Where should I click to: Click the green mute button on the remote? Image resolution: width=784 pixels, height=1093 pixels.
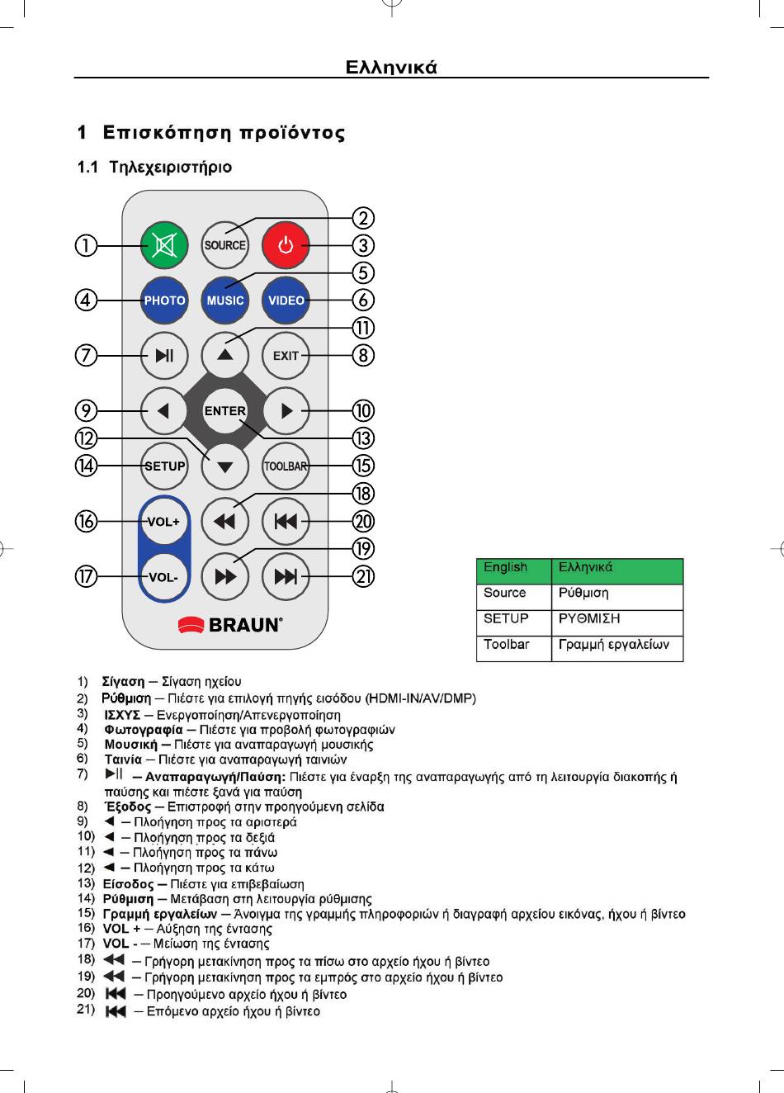[164, 245]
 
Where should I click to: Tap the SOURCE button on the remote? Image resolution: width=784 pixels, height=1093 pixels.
[225, 245]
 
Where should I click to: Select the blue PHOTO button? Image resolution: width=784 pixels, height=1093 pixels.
[164, 300]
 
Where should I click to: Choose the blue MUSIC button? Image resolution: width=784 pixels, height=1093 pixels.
[225, 300]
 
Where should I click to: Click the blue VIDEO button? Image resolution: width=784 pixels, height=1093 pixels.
[286, 300]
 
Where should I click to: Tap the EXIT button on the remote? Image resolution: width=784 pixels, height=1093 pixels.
[286, 356]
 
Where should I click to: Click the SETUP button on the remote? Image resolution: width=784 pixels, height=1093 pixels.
[164, 466]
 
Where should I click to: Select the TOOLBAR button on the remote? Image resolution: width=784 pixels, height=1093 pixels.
[286, 466]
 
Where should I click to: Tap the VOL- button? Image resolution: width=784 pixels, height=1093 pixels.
[163, 577]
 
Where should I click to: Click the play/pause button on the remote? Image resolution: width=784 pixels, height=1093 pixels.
[164, 356]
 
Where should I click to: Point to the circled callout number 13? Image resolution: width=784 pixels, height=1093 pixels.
[363, 438]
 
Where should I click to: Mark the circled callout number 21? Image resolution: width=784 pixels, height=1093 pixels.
[363, 576]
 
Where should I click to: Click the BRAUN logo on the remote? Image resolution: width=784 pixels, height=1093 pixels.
[230, 625]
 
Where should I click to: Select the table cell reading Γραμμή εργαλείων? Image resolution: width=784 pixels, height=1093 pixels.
[616, 646]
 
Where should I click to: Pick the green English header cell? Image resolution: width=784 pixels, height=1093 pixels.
[512, 569]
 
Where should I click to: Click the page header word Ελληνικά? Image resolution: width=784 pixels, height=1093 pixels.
[391, 67]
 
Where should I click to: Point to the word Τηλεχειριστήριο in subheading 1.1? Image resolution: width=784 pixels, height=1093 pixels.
[171, 168]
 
